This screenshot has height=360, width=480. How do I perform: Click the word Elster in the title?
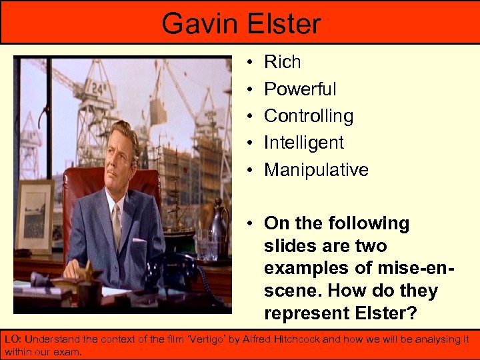[x=281, y=23]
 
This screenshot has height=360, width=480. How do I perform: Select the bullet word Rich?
[x=283, y=62]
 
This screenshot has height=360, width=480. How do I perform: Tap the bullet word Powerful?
[x=300, y=89]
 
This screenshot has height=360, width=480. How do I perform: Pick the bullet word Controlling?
[x=309, y=116]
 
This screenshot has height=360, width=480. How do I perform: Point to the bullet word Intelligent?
[x=304, y=143]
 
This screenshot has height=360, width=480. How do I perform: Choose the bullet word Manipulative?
[x=316, y=170]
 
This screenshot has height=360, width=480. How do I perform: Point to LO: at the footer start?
[x=13, y=339]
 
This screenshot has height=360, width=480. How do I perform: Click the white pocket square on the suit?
[x=139, y=239]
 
